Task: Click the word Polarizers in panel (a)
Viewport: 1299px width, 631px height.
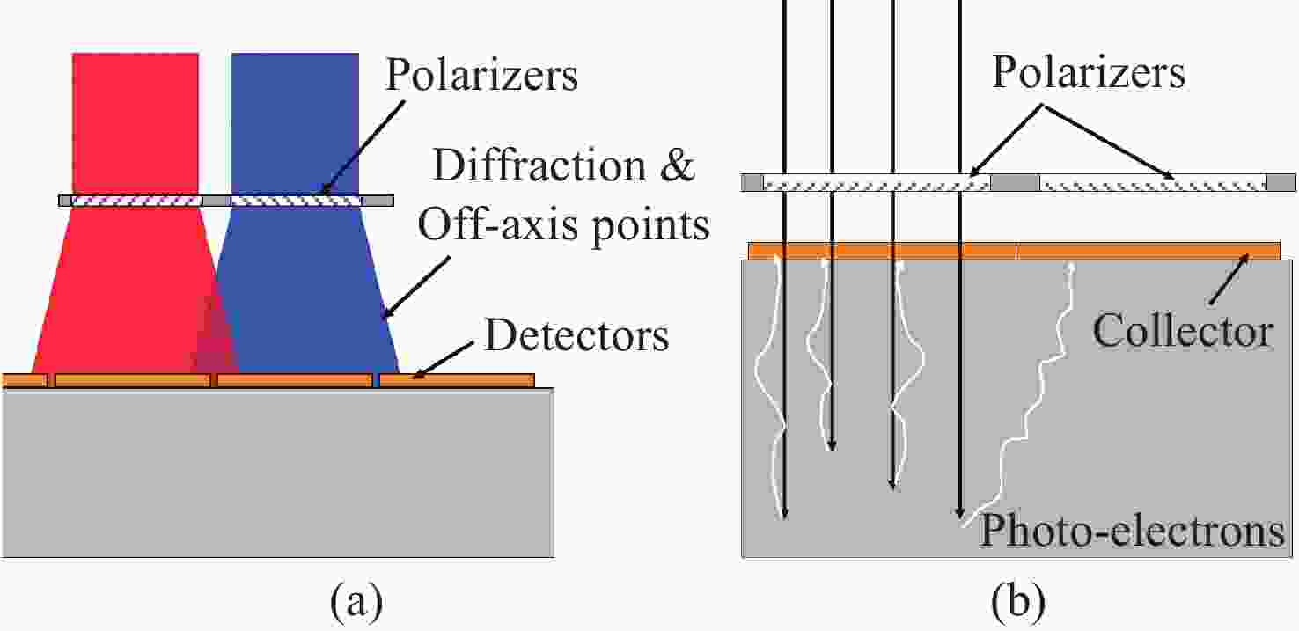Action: [481, 74]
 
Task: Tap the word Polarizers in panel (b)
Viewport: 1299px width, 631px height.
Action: [1089, 71]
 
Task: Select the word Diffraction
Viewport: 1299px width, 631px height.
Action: [539, 165]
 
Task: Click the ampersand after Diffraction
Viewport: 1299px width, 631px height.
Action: [678, 165]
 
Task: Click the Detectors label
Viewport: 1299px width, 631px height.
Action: [576, 335]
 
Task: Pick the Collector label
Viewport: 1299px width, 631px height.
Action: [1183, 331]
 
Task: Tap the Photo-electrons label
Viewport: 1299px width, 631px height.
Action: [1132, 531]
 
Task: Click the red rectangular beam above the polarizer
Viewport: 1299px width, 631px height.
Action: [136, 123]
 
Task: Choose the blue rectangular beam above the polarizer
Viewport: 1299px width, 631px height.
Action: [295, 123]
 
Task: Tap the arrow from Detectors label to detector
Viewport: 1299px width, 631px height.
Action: [444, 360]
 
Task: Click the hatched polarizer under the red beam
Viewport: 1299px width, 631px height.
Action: [136, 201]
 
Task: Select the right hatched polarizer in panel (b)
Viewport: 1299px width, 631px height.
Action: [1153, 183]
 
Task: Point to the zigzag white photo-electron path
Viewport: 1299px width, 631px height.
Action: [1021, 400]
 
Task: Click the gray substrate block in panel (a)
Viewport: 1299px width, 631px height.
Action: [277, 473]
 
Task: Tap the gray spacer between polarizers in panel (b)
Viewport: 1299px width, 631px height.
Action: [1015, 183]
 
